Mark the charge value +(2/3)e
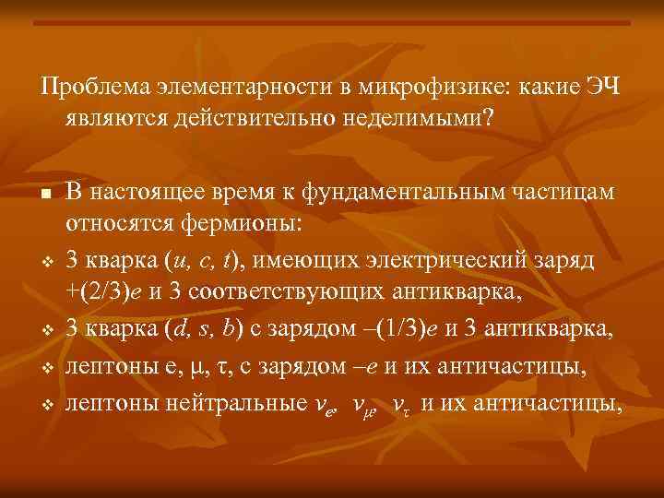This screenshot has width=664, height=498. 104,294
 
